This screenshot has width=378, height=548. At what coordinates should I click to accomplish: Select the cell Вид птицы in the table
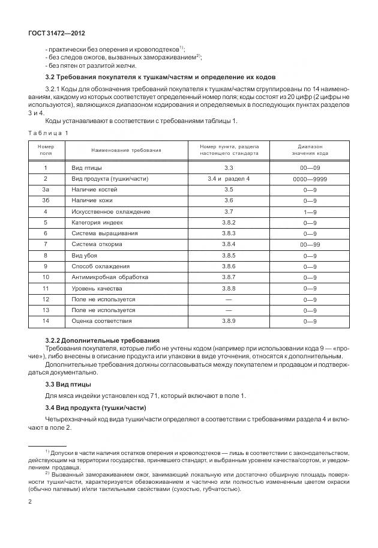pos(86,168)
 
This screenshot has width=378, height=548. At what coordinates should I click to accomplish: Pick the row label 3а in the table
pos(46,190)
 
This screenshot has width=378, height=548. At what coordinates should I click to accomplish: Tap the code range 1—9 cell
pos(310,212)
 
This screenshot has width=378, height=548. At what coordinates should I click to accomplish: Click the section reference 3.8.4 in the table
pos(229,244)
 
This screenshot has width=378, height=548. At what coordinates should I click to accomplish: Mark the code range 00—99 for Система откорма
pos(310,245)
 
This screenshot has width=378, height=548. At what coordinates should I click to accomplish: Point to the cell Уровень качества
pos(98,288)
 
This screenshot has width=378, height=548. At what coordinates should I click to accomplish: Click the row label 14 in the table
pos(46,321)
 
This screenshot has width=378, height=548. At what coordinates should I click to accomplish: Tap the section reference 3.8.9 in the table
pos(229,321)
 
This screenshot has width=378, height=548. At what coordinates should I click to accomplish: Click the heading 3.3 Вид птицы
pos(68,384)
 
